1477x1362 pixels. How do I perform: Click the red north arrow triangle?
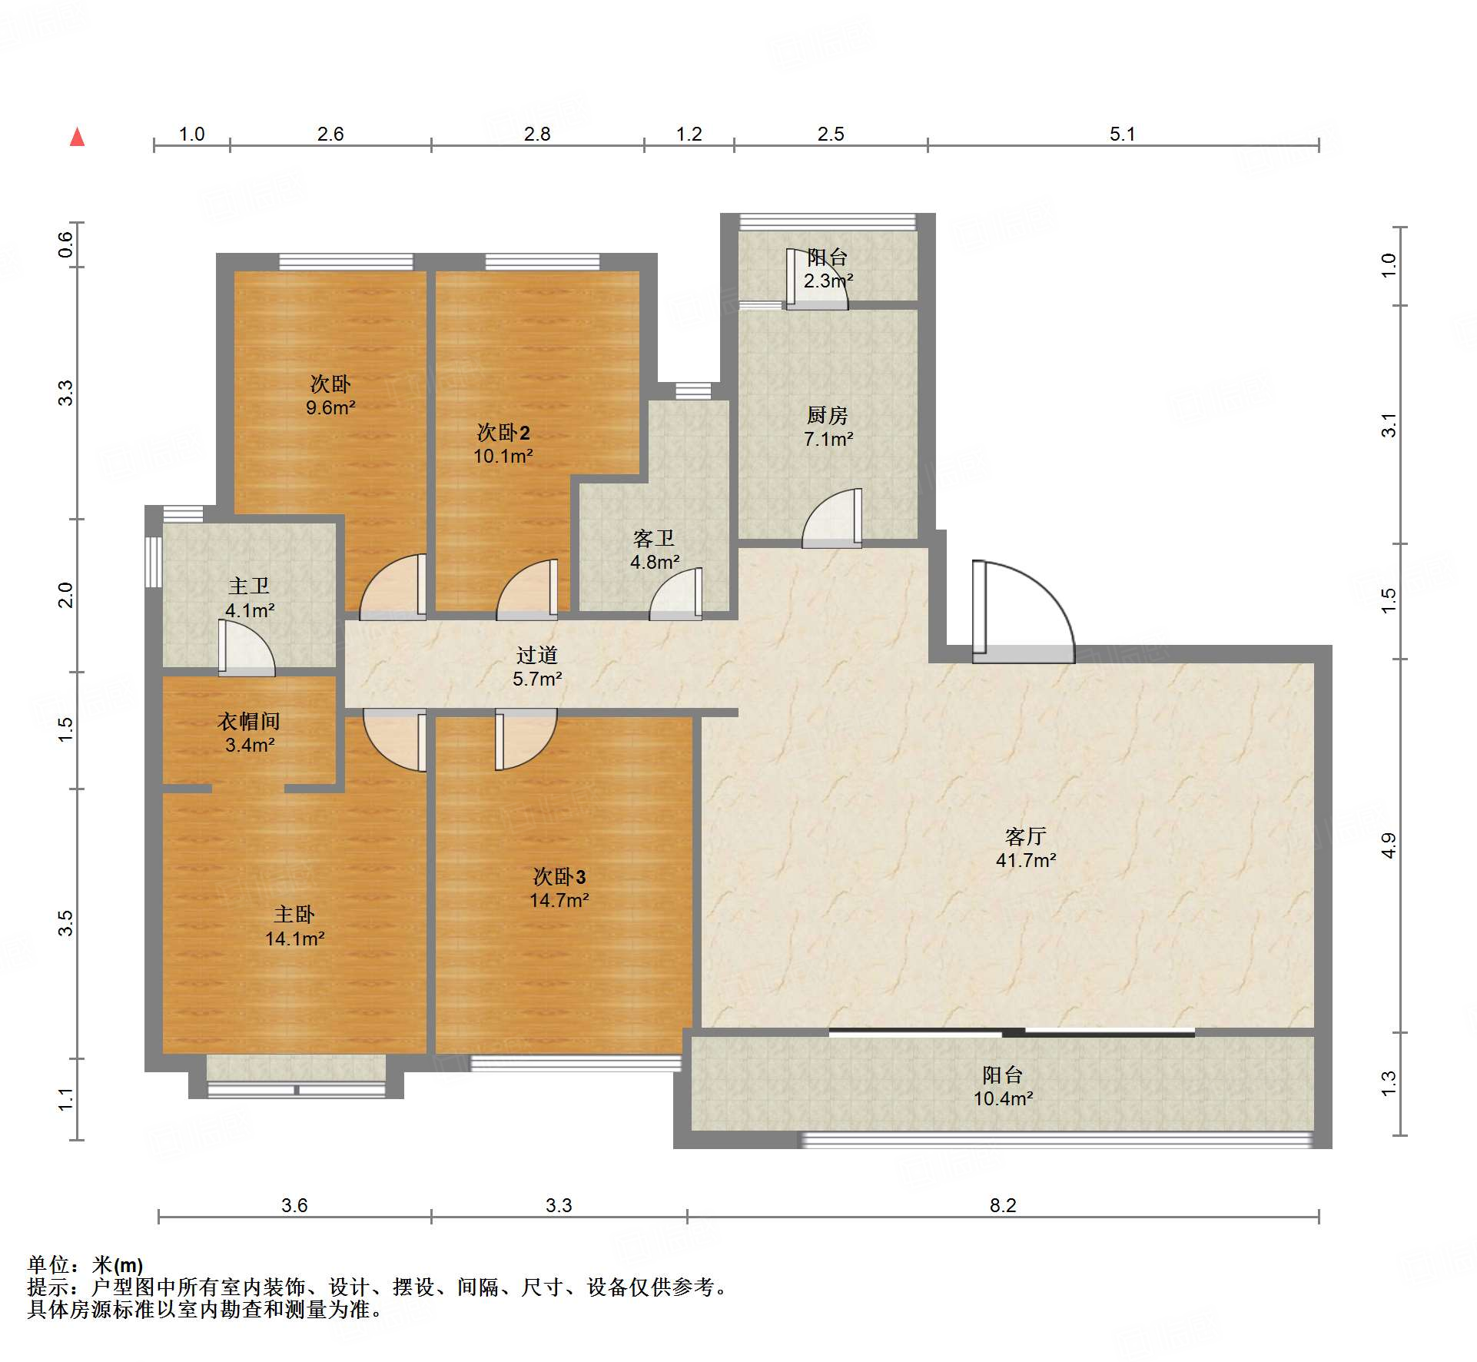click(77, 137)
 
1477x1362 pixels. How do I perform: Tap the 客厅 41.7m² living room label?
click(1026, 848)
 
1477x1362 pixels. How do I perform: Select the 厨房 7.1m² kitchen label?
click(828, 427)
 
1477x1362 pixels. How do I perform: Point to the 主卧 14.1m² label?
click(294, 926)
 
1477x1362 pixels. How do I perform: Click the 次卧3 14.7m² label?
click(559, 889)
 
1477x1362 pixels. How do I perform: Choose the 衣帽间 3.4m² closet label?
click(249, 732)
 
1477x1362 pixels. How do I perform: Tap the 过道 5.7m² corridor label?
click(537, 666)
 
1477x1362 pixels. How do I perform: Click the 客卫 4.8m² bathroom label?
click(654, 550)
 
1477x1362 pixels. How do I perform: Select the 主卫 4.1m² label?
click(249, 598)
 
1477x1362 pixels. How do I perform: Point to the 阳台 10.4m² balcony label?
click(1003, 1086)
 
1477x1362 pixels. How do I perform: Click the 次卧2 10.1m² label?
click(503, 443)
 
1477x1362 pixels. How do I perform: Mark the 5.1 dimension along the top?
click(1122, 134)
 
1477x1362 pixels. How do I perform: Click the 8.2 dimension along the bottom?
click(1003, 1205)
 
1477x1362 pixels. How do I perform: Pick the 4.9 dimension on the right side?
click(1388, 845)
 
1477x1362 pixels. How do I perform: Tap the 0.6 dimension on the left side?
click(66, 244)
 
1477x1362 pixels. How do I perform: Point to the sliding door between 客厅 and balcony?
click(1011, 1032)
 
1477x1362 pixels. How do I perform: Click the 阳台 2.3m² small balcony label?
click(828, 269)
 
